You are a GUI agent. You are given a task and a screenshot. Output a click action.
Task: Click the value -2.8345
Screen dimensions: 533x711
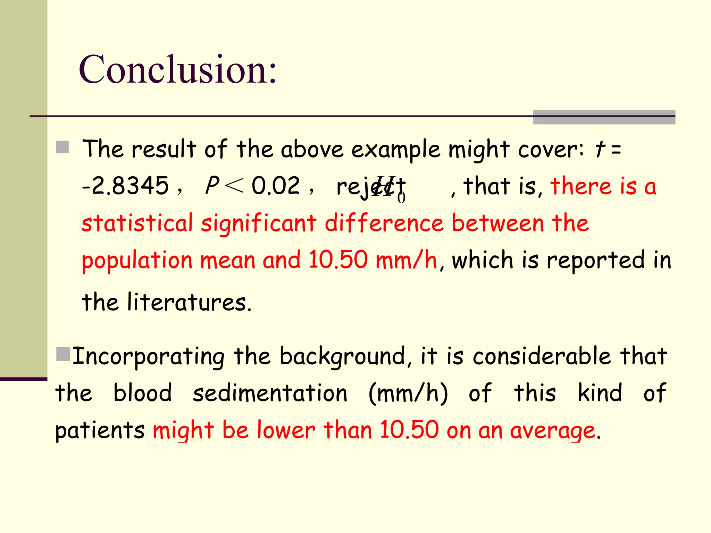coord(125,186)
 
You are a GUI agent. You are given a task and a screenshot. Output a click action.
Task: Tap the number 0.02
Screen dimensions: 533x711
coord(276,186)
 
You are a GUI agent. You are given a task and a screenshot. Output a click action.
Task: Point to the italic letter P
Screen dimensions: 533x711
coord(212,185)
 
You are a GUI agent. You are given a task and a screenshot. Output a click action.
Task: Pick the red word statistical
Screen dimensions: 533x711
coord(137,223)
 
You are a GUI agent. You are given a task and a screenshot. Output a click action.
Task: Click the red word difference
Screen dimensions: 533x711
coord(384,223)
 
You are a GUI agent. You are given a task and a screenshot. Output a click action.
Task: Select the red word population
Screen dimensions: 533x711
coord(137,261)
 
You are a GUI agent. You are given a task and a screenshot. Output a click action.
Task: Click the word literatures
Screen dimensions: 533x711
coord(189,302)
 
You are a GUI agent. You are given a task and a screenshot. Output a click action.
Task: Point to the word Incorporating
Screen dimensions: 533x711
coord(149,357)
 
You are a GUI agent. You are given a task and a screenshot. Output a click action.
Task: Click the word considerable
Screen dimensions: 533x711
coord(542,356)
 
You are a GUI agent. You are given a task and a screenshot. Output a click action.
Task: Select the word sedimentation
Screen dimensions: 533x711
coord(270,394)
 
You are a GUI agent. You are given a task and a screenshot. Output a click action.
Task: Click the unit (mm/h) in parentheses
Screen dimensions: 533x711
coord(408,394)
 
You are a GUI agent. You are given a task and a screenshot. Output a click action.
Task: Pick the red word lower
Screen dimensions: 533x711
coord(286,430)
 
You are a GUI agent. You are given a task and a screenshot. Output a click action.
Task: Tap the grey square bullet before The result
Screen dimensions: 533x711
coord(62,147)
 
